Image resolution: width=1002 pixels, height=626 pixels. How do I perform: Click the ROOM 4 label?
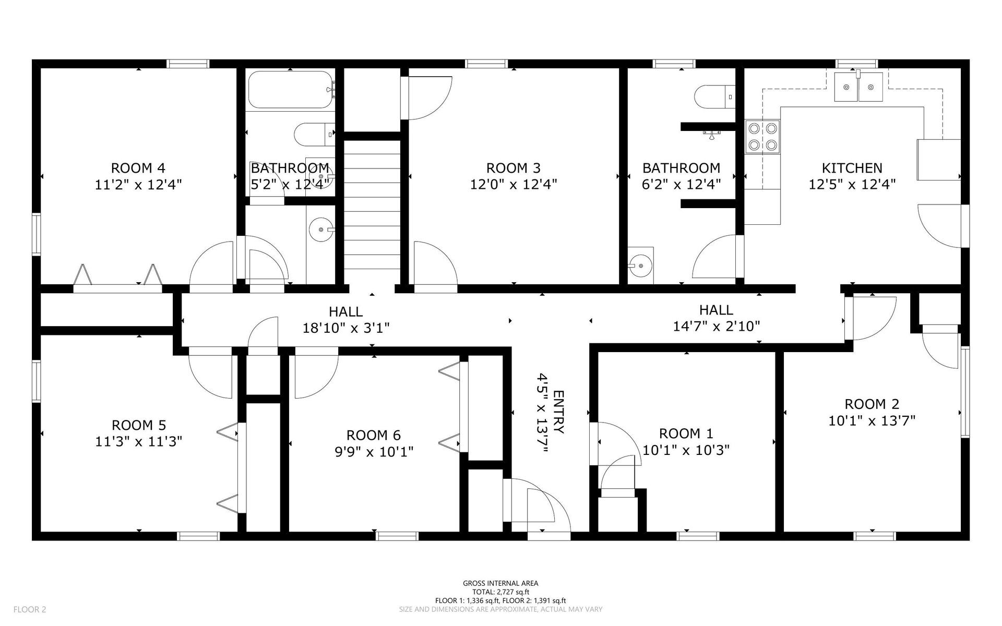[138, 168]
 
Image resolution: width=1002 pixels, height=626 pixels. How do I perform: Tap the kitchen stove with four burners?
[762, 137]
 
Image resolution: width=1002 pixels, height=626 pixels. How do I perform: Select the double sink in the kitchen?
[858, 87]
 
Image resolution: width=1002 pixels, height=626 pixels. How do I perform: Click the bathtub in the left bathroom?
[290, 89]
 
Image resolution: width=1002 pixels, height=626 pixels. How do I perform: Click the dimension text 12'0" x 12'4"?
[514, 184]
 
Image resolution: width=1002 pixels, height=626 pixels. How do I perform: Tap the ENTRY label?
[558, 412]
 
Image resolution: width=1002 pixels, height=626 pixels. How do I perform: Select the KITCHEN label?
[852, 168]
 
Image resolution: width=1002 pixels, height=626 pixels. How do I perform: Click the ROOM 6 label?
[374, 435]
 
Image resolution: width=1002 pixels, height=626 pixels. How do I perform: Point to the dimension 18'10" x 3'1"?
[346, 328]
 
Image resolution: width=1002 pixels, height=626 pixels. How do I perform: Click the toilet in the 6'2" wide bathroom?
[714, 97]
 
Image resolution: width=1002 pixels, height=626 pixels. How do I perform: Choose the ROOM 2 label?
[872, 404]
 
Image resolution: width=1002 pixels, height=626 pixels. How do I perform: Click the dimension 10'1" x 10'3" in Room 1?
[686, 450]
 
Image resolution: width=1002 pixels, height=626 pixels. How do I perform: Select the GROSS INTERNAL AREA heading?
[500, 584]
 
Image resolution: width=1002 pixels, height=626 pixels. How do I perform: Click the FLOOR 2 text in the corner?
[30, 609]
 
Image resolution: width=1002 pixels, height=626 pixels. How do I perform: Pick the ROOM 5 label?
[139, 425]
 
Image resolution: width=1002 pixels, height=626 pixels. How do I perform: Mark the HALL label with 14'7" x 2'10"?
[716, 310]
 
